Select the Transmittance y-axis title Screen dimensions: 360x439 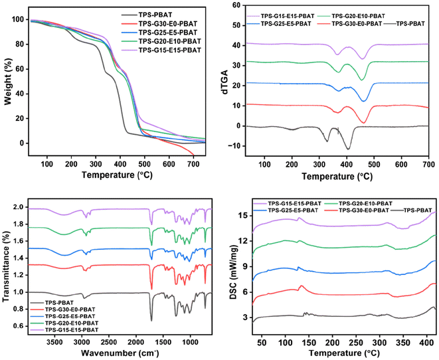[x=7, y=264]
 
